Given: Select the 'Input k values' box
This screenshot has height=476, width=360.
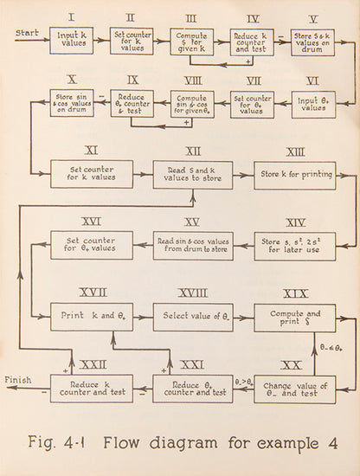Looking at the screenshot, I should coord(71,41).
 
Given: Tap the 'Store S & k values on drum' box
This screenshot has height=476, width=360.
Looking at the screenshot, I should coord(312,41).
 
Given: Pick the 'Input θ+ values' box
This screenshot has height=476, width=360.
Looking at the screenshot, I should coord(313,106).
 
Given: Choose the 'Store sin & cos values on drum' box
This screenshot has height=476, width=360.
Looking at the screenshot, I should coord(71,105).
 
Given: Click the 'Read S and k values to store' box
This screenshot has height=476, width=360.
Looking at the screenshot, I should coord(192,174).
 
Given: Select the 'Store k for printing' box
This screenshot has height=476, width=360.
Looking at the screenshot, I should coord(294,174).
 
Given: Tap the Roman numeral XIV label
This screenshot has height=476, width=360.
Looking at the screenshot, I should coord(294,221).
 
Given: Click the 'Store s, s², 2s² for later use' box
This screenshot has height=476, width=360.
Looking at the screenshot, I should coord(294,245).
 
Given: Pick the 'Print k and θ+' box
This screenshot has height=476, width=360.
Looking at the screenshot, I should coord(91,317).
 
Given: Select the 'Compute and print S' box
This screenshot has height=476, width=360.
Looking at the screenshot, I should coord(294,317).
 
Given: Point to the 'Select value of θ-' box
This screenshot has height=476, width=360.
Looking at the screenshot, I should coord(192,317).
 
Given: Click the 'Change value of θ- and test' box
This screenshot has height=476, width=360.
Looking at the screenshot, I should coord(294,389).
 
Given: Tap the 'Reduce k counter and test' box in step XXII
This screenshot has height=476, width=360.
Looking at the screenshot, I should coord(91,389).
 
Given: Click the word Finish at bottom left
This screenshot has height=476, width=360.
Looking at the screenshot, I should coord(18,380).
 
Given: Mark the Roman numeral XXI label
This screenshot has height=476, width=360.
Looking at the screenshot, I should coord(192,364).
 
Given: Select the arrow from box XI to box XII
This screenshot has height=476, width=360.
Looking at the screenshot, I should coord(142,174).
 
